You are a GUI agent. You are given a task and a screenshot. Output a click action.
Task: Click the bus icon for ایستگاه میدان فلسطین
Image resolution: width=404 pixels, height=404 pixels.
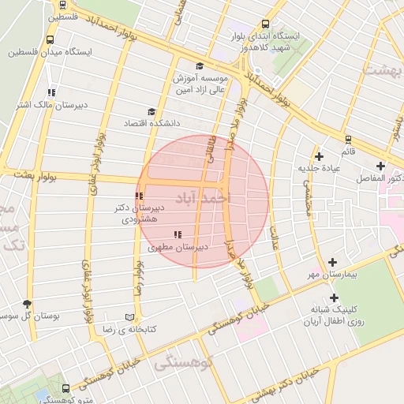pos(50,39)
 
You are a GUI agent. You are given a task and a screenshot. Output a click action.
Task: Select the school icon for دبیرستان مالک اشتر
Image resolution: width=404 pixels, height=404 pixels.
pos(51,92)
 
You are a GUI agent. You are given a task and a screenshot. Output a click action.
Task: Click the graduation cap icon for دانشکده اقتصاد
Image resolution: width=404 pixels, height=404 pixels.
pos(151,112)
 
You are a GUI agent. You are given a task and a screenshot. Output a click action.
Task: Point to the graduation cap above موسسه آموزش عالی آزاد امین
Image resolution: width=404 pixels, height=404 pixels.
pos(200,66)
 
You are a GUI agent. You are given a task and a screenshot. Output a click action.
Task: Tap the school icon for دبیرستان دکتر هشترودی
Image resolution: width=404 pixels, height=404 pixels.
pos(139,196)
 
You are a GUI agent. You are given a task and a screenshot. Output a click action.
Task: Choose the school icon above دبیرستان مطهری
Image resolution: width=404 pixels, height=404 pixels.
pos(178,234)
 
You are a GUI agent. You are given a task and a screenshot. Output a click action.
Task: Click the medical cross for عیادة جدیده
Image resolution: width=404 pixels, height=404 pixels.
pos(319,156)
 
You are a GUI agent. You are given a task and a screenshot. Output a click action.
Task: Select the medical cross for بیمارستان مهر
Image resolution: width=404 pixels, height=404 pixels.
pos(332,262)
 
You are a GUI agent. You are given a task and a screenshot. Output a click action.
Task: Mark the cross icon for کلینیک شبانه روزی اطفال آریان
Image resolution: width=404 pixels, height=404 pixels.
pos(334,297)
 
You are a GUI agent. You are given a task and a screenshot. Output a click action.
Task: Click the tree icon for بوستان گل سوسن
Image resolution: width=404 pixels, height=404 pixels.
pos(28,304)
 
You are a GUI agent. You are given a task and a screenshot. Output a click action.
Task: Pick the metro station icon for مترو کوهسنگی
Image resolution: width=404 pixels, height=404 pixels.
pos(65,388)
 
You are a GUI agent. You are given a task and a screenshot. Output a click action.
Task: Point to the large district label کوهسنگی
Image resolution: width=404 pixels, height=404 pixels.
pos(185,364)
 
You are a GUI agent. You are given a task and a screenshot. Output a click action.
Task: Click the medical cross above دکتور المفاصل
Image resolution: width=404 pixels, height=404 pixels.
pos(381,166)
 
